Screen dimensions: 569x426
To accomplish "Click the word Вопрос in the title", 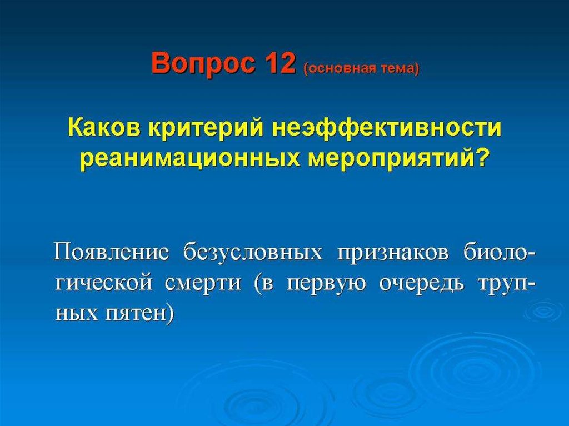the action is pyautogui.click(x=205, y=63).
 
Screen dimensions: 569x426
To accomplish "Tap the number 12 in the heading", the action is pyautogui.click(x=280, y=63).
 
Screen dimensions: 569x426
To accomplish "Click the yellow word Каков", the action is pyautogui.click(x=104, y=127).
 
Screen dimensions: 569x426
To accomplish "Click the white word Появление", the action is pyautogui.click(x=111, y=252).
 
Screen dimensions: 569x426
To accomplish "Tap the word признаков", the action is pyautogui.click(x=392, y=252).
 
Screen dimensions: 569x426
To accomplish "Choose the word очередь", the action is pyautogui.click(x=421, y=282).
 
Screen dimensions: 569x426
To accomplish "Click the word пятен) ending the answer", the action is pyautogui.click(x=139, y=313).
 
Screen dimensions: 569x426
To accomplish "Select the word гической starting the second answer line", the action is pyautogui.click(x=104, y=282).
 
